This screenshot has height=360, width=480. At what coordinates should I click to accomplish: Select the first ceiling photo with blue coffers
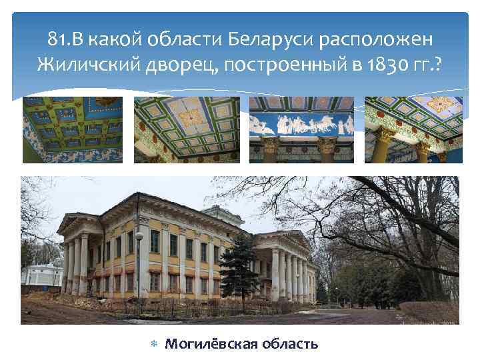[73, 130]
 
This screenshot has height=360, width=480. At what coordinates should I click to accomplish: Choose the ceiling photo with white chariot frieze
[301, 130]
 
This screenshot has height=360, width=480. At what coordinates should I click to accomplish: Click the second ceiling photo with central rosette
[187, 130]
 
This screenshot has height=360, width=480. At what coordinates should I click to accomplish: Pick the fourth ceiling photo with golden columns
[413, 130]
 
